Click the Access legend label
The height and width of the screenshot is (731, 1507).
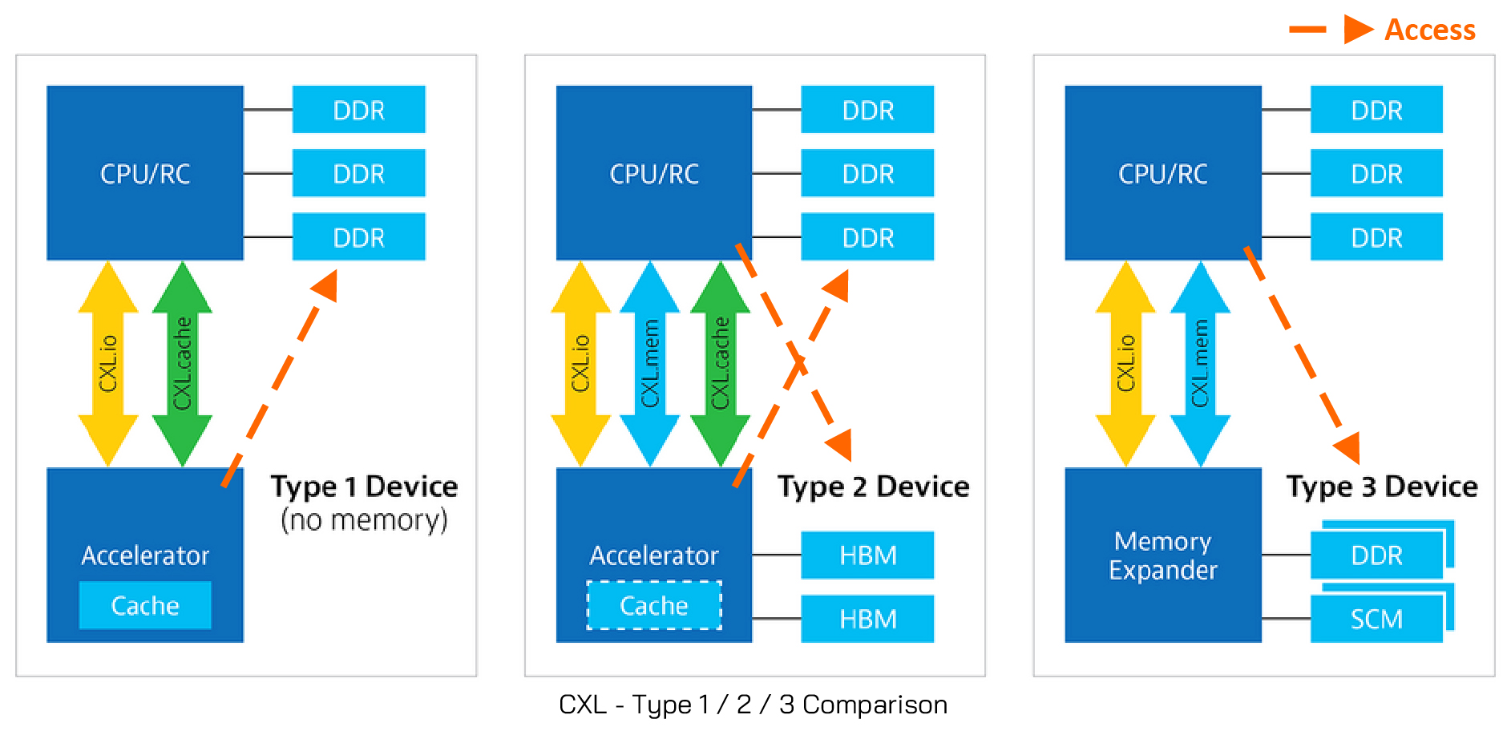pos(1429,30)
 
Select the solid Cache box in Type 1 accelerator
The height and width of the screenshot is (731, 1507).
pos(145,605)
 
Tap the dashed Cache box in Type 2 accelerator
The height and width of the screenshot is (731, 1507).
pos(654,605)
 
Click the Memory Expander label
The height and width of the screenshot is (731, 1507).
pos(1162,555)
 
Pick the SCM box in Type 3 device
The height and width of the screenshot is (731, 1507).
pos(1376,619)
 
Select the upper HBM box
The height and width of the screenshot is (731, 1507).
pos(867,555)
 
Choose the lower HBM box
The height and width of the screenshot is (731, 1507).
pos(867,619)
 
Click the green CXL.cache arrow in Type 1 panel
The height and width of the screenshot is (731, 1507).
pos(183,363)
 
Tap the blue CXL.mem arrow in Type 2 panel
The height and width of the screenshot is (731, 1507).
pos(650,363)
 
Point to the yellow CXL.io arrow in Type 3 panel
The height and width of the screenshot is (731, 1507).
pos(1125,363)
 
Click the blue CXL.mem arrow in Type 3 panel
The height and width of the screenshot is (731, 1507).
pos(1200,363)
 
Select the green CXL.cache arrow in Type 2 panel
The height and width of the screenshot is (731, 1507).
pos(720,363)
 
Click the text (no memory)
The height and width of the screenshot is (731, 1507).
pos(364,520)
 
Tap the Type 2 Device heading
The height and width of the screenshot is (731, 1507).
pos(873,487)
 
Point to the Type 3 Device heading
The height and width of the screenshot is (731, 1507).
pos(1382,487)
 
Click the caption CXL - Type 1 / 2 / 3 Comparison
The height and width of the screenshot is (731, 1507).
pos(753,705)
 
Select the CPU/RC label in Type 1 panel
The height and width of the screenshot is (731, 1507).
pos(145,173)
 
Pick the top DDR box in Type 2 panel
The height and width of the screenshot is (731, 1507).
pos(867,110)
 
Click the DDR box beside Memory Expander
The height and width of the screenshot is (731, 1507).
pos(1376,555)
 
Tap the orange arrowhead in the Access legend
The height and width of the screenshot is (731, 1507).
pos(1358,30)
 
